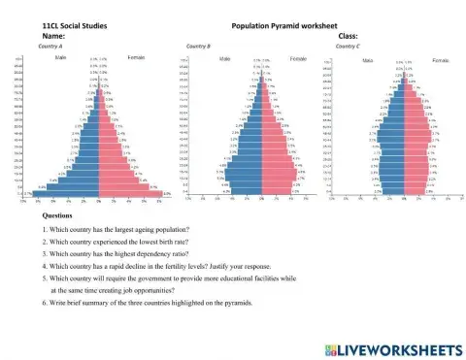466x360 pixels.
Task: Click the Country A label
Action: [x=50, y=46]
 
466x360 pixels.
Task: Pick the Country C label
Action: [x=348, y=46]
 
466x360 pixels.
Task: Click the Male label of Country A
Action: [x=62, y=58]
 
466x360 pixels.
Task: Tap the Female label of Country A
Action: [x=136, y=58]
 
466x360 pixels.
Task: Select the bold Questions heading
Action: [x=58, y=214]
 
